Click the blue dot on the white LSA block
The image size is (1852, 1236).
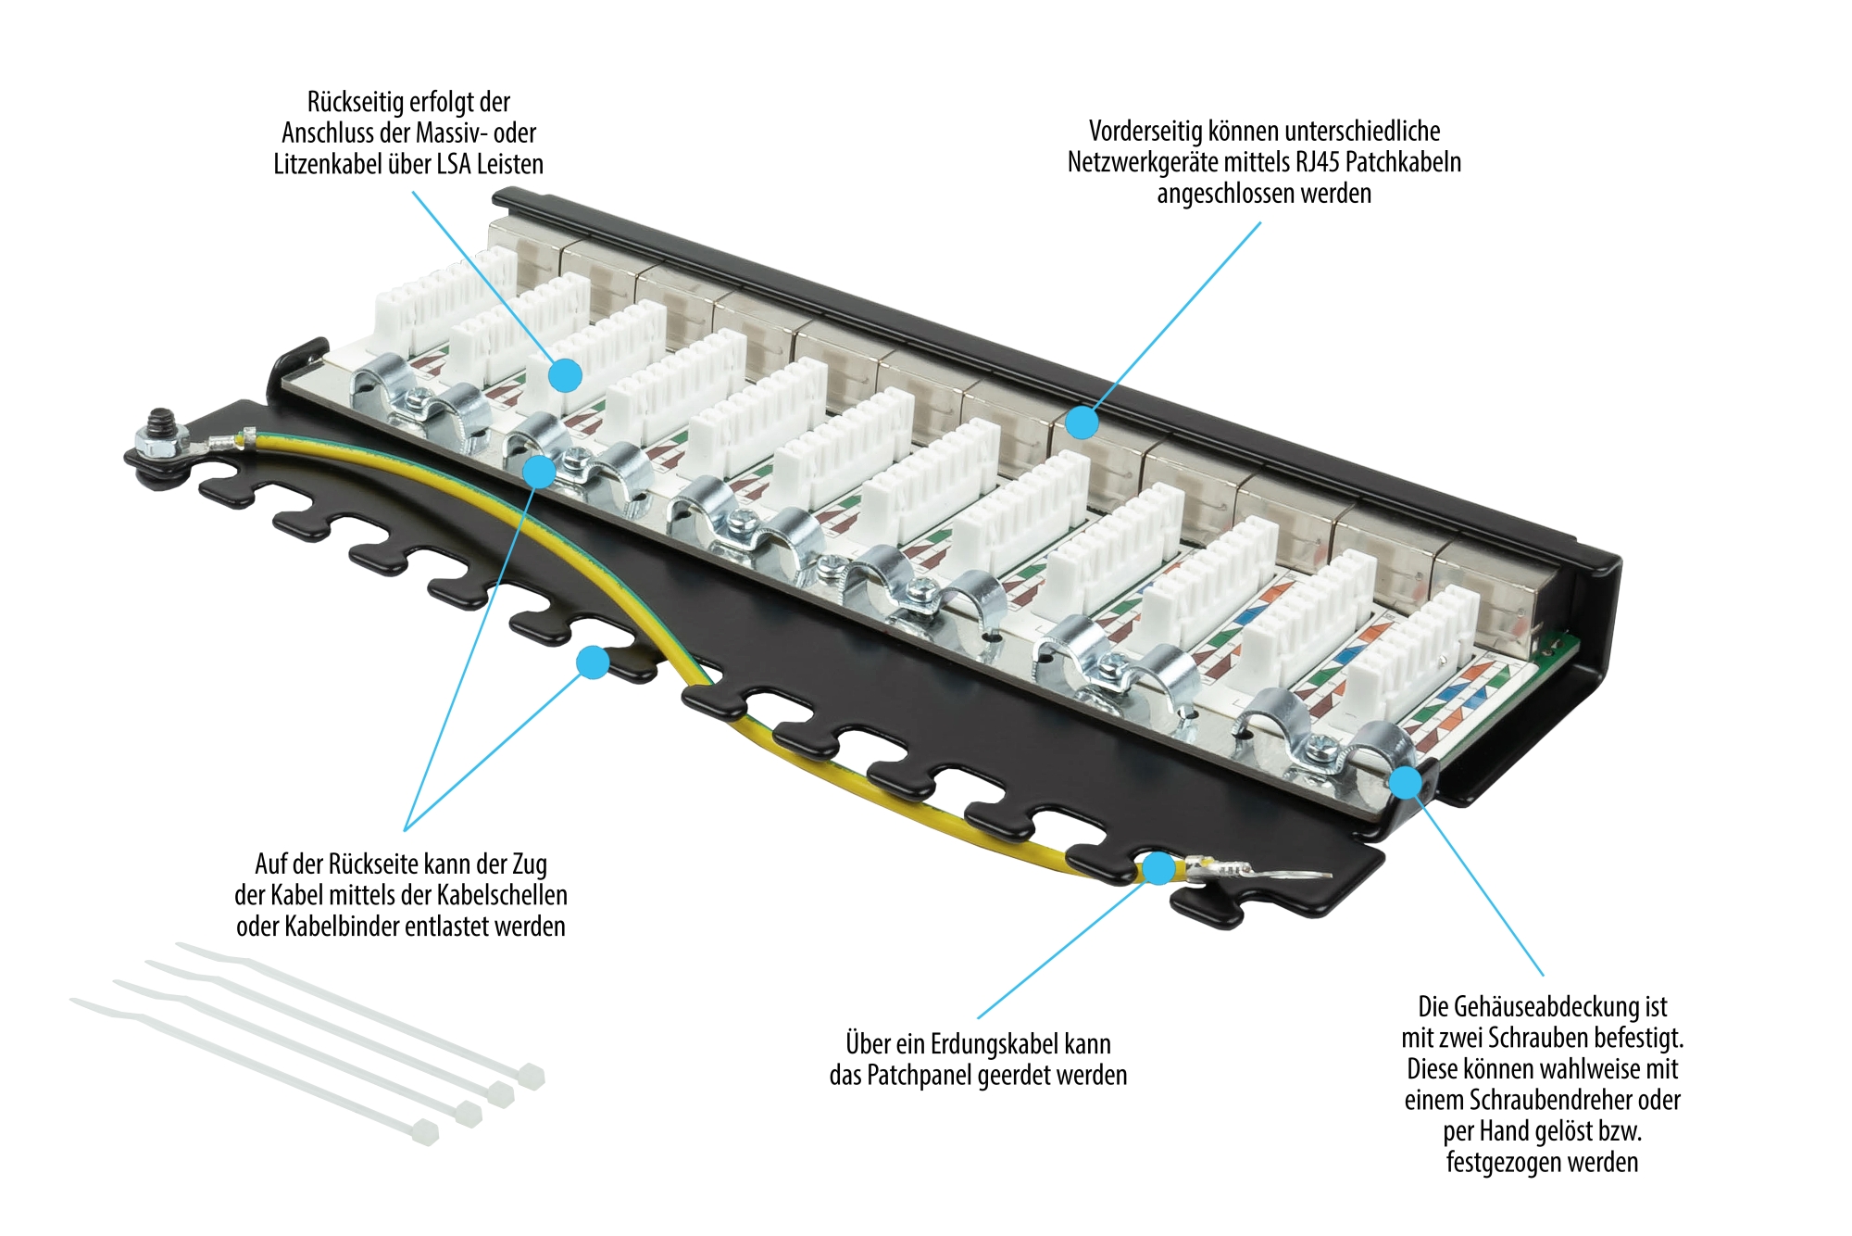[565, 375]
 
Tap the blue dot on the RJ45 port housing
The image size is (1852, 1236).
[1082, 423]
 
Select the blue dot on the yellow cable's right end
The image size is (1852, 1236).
[1157, 868]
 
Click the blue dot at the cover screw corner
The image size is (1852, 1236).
[1406, 782]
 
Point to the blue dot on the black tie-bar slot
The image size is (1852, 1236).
[593, 662]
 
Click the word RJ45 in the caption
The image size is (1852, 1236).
[1317, 163]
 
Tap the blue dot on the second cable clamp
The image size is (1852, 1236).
[539, 472]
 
